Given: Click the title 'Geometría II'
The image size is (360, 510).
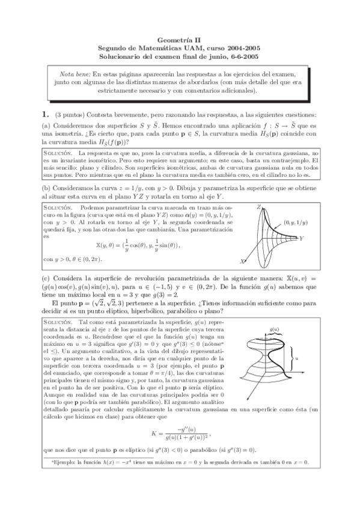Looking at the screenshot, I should (179, 37).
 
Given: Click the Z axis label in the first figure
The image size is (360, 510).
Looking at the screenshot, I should (258, 206).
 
